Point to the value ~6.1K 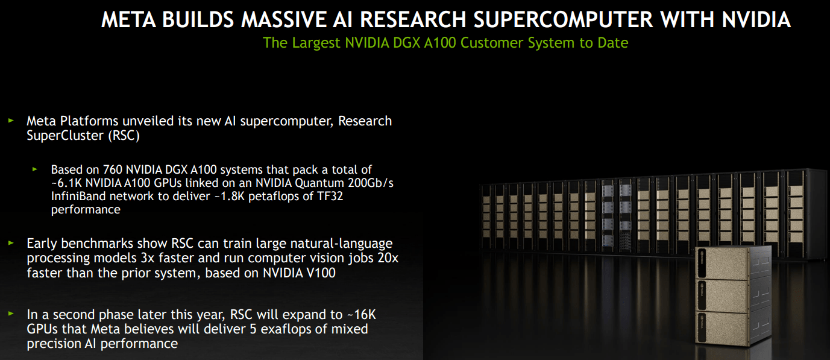tap(66, 183)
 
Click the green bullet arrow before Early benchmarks tap(10, 242)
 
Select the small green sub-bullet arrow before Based tap(35, 169)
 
